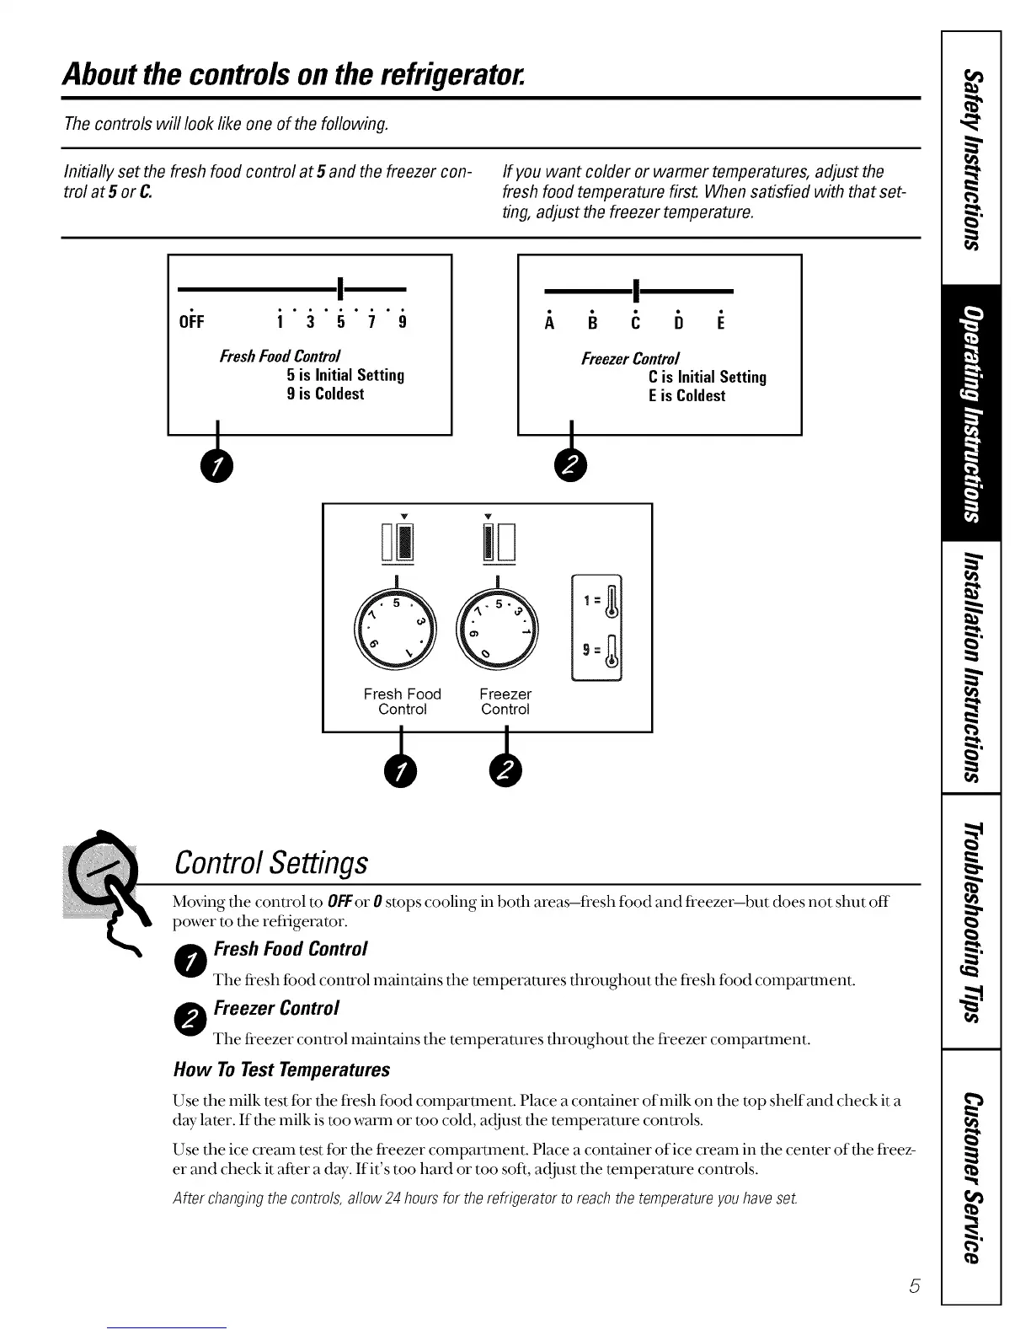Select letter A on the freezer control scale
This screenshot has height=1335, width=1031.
[550, 323]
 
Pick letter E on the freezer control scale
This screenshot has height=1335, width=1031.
[721, 323]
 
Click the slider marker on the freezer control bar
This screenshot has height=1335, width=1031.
[636, 291]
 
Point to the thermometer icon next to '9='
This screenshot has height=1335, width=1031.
[613, 651]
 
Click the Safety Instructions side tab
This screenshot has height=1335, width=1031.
[971, 160]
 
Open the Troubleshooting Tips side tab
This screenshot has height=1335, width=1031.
[971, 920]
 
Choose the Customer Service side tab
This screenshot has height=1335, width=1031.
[971, 1177]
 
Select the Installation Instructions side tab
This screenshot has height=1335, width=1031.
[971, 666]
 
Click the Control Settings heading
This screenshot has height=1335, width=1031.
[270, 862]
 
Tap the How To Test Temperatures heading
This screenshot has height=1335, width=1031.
[281, 1070]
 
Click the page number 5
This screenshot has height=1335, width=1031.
[913, 1286]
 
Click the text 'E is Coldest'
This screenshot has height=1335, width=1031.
[686, 395]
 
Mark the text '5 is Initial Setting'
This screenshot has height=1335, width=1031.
[345, 375]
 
